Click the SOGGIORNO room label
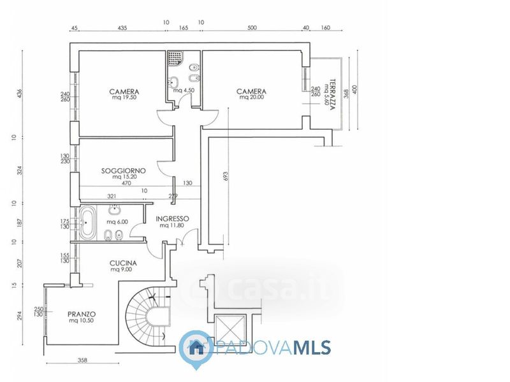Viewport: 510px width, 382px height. pyautogui.click(x=124, y=171)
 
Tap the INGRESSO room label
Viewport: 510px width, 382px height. pyautogui.click(x=173, y=218)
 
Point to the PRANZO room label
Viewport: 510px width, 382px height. pyautogui.click(x=82, y=314)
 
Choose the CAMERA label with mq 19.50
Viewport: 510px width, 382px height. pyautogui.click(x=124, y=91)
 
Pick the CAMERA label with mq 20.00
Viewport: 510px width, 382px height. pyautogui.click(x=251, y=91)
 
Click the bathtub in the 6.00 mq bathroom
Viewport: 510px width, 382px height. pyautogui.click(x=87, y=223)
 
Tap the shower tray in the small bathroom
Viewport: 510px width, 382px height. pyautogui.click(x=175, y=59)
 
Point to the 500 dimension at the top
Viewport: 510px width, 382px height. pyautogui.click(x=252, y=28)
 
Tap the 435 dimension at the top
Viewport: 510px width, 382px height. pyautogui.click(x=123, y=28)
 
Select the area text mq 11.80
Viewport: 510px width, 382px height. pyautogui.click(x=173, y=225)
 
